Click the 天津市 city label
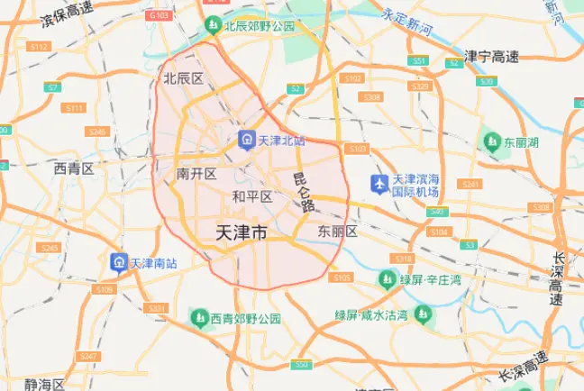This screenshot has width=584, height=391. click(x=242, y=233)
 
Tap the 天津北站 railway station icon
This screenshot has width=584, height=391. click(x=245, y=141)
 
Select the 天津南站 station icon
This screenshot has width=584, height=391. click(x=118, y=263)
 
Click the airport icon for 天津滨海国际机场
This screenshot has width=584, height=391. click(x=379, y=185)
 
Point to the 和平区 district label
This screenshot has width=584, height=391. click(x=252, y=196)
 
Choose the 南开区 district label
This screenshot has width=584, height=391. click(x=196, y=173)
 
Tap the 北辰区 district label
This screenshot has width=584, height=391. click(x=183, y=78)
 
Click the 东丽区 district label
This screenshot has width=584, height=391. click(x=338, y=232)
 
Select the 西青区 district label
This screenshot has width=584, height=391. click(x=74, y=168)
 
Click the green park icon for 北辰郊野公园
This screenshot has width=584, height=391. click(x=214, y=24)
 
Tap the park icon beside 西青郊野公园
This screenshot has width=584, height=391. click(x=199, y=318)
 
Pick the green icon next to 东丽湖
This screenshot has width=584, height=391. click(x=491, y=142)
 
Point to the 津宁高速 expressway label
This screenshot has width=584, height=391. click(x=491, y=56)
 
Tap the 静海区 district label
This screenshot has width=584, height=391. click(x=45, y=384)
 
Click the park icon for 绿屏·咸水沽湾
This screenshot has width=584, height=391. click(x=421, y=314)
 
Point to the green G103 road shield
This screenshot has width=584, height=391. click(x=160, y=15)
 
